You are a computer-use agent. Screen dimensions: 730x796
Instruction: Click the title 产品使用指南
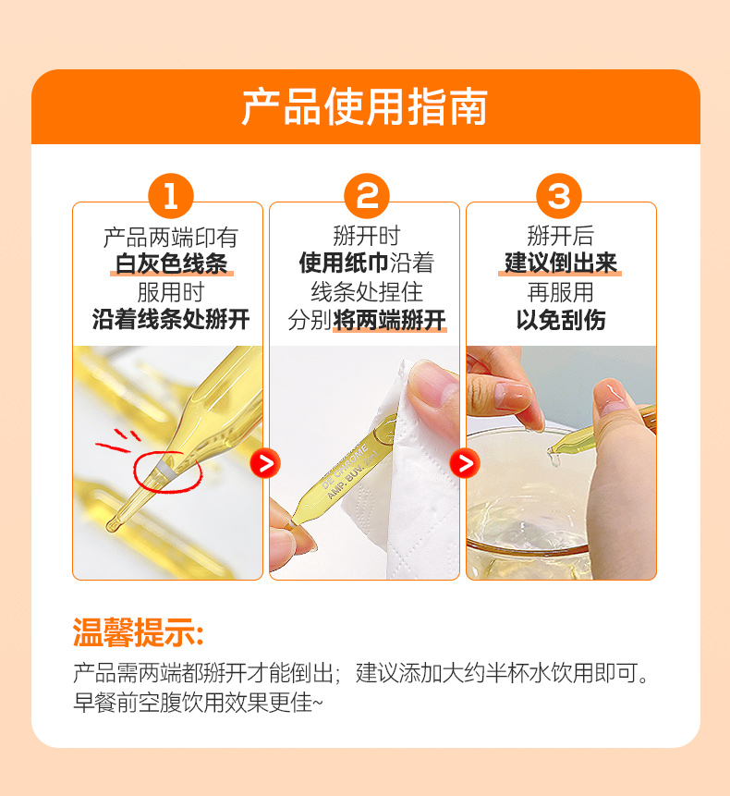point(365,106)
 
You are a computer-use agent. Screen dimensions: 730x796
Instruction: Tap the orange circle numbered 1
point(170,196)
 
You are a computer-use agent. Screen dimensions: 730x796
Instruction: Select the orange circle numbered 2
point(366,196)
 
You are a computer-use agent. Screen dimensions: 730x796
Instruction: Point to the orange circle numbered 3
point(559,196)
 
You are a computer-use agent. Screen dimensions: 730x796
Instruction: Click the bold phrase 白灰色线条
point(172,264)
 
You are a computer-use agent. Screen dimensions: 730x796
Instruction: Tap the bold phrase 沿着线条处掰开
point(171,320)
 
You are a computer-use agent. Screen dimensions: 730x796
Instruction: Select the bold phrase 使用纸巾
point(344,263)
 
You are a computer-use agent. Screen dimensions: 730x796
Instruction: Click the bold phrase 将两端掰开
point(390,320)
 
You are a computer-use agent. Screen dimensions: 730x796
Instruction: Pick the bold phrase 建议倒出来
point(561,263)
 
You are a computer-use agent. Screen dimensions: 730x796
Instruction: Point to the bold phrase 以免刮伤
point(561,320)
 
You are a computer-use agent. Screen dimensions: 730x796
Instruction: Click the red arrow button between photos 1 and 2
point(265,463)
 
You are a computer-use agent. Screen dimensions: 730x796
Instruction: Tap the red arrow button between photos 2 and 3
point(465,463)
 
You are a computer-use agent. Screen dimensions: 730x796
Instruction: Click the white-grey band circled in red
point(166,470)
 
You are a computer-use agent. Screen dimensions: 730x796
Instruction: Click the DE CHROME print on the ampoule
point(346,467)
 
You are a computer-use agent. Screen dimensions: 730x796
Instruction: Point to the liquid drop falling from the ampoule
point(553,458)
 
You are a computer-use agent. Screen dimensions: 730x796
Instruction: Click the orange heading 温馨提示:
point(139,632)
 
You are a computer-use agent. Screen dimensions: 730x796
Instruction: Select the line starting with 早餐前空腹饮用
point(198,703)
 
